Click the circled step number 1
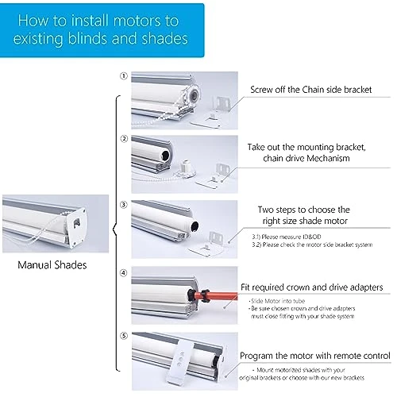point(123,76)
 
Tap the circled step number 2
point(123,139)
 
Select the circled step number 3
point(123,204)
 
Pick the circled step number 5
point(123,337)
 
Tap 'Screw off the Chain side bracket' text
point(311,90)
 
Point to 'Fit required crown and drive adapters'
point(311,287)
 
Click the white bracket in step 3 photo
point(215,239)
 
